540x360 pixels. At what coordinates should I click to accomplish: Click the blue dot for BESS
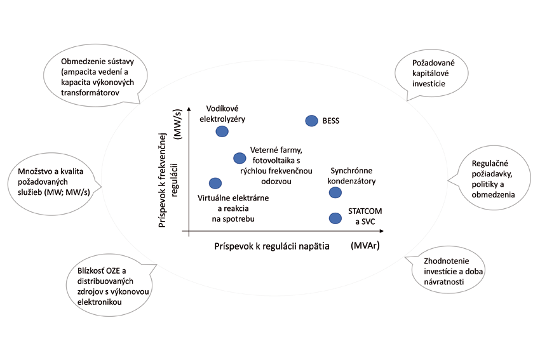coord(311,121)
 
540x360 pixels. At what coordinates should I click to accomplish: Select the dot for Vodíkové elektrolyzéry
coord(222,131)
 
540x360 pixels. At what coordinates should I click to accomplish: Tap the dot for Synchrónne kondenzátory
coord(334,192)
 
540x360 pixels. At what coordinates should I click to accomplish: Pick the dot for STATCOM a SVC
coord(334,218)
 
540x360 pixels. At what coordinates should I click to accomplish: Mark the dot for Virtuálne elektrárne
coord(215,183)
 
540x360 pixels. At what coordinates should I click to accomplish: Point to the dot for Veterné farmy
coord(240,158)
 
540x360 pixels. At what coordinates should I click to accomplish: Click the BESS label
coord(331,121)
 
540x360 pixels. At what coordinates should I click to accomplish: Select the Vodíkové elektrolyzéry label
coord(221,114)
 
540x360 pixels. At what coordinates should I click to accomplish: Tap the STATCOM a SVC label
coord(365,215)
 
